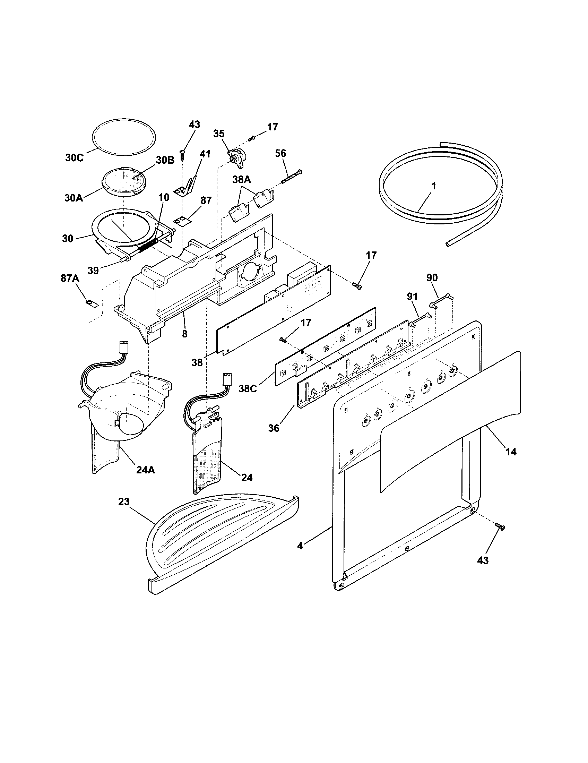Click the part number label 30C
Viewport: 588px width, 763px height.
point(74,158)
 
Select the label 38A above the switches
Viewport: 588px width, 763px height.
point(242,180)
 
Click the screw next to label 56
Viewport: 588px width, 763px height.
point(291,177)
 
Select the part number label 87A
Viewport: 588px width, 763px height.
point(70,278)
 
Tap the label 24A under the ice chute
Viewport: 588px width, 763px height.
point(146,470)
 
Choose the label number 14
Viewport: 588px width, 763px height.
point(510,452)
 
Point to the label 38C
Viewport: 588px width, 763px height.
point(248,388)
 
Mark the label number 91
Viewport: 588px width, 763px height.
point(412,297)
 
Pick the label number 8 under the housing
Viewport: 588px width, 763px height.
point(184,334)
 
